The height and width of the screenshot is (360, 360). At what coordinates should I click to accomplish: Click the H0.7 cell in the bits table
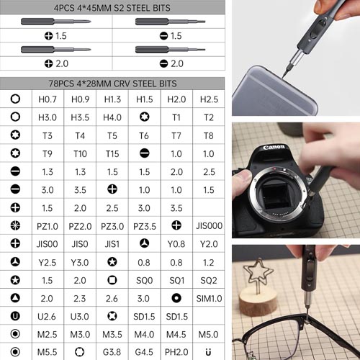point(48,99)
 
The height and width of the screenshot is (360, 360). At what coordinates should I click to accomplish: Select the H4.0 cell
point(112,117)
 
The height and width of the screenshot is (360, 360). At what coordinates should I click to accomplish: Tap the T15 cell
point(112,154)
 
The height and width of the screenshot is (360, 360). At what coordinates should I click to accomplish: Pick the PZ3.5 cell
point(145,226)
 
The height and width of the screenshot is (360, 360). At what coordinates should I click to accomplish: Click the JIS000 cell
point(209,226)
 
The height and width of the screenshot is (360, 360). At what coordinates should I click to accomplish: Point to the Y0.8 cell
point(176,244)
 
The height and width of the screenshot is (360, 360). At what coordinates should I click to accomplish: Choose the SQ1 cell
point(177,280)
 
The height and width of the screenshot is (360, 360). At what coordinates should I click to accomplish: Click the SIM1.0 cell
point(209,299)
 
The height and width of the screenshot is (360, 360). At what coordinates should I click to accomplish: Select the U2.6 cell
point(47,317)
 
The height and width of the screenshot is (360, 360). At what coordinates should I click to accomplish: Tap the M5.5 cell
point(48,352)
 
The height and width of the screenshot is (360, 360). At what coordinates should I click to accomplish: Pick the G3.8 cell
point(112,352)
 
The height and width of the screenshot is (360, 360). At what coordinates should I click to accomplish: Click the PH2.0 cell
point(176,352)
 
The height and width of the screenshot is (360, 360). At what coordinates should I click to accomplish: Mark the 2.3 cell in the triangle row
point(80,299)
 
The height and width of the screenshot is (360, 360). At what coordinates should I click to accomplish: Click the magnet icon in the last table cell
point(208,352)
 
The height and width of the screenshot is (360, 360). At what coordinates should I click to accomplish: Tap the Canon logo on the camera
point(274,147)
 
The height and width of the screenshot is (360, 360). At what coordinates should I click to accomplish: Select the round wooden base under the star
point(258,300)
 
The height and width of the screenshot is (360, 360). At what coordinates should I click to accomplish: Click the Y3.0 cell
point(80,263)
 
